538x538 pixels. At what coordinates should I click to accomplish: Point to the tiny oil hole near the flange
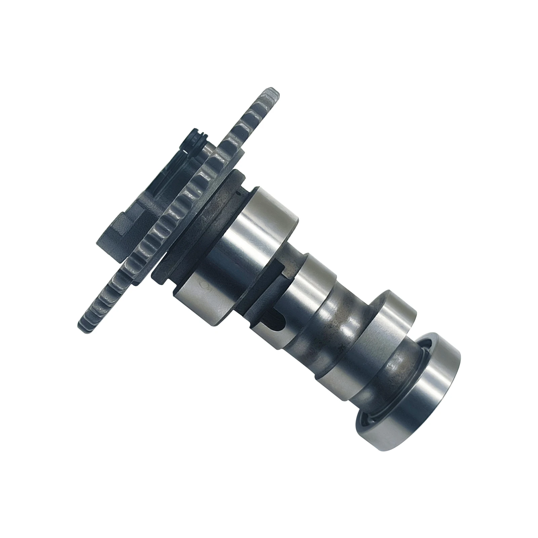coord(238,193)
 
